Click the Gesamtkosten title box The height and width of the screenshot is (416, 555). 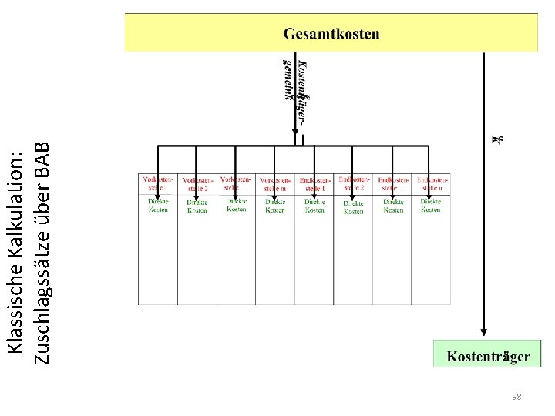click(x=331, y=33)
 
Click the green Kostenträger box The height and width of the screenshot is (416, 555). click(x=487, y=355)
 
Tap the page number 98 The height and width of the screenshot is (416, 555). click(x=516, y=397)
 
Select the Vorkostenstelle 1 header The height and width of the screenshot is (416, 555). click(x=157, y=183)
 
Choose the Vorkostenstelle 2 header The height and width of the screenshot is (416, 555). click(x=196, y=183)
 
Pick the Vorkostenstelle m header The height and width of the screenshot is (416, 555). click(x=275, y=183)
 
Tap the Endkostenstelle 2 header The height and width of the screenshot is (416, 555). click(x=354, y=183)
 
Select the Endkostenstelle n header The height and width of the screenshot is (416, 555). click(x=432, y=183)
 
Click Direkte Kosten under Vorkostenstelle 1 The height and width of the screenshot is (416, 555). click(x=158, y=205)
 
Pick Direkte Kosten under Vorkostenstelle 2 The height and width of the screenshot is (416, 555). click(x=197, y=206)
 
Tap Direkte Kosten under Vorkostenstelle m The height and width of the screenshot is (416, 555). click(x=275, y=206)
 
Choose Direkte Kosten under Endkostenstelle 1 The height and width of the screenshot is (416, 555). click(x=314, y=206)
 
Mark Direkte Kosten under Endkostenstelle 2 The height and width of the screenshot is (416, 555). click(x=354, y=206)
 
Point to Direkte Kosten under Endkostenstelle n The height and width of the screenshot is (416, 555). click(x=431, y=205)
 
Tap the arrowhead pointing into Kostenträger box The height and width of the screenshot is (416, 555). click(x=483, y=332)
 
